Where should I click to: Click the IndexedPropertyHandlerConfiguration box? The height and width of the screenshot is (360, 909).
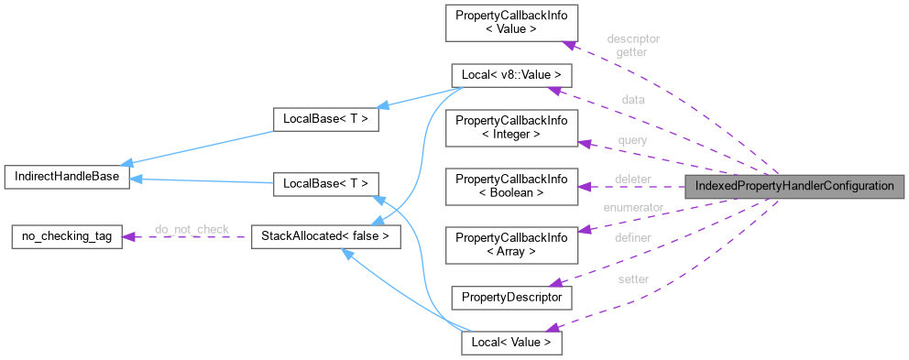pyautogui.click(x=794, y=186)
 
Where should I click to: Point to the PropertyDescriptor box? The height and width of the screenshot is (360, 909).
pyautogui.click(x=511, y=297)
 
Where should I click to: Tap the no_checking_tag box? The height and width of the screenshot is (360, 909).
pyautogui.click(x=61, y=237)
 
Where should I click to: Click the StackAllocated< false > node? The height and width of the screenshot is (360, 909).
pyautogui.click(x=327, y=237)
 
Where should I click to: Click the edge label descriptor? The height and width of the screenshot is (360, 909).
pyautogui.click(x=633, y=39)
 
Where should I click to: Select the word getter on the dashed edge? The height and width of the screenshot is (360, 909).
pyautogui.click(x=632, y=52)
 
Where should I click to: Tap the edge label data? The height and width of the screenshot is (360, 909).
pyautogui.click(x=632, y=100)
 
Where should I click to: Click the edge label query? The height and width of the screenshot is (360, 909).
pyautogui.click(x=632, y=140)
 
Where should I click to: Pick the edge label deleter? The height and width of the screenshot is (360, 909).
pyautogui.click(x=632, y=178)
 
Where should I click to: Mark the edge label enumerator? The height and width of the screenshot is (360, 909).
pyautogui.click(x=632, y=207)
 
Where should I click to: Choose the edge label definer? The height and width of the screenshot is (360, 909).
pyautogui.click(x=632, y=238)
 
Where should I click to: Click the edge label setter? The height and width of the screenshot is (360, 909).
pyautogui.click(x=632, y=279)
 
